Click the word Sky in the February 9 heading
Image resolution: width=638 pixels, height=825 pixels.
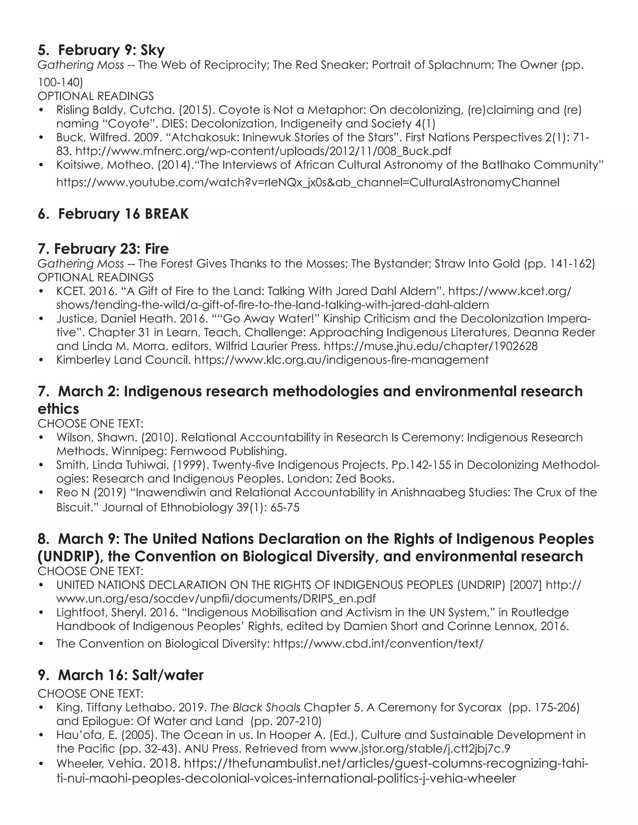(153, 50)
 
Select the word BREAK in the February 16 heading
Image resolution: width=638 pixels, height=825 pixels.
(166, 214)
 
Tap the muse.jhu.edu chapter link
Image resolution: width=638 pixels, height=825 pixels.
(431, 346)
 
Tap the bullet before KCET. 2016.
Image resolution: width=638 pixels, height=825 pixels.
(41, 292)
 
